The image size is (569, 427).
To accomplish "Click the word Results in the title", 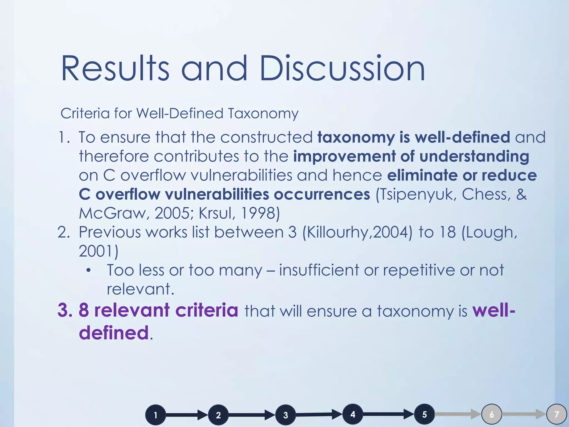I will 115,68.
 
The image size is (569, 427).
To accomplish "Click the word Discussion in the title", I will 342,68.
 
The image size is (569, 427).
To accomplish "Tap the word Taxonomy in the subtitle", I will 263,113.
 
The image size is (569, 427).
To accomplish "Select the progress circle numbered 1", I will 156,415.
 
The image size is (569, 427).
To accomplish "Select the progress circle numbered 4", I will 353,414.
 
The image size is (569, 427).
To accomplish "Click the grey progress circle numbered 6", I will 491,414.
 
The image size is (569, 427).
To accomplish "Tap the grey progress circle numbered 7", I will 556,414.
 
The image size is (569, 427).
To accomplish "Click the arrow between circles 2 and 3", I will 251,415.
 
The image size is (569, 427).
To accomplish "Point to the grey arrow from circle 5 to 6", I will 457,414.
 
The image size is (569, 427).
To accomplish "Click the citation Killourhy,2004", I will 357,232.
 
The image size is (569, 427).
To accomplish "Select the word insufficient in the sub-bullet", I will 319,270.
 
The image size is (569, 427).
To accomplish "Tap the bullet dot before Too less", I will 88,270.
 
